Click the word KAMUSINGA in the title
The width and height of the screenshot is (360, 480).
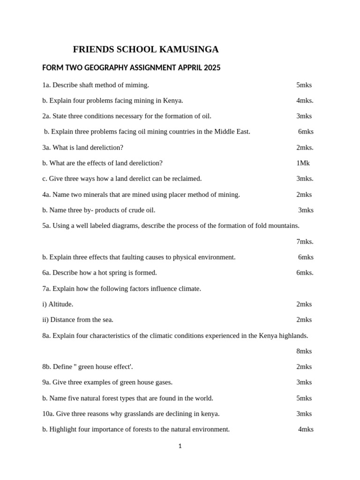click(189, 50)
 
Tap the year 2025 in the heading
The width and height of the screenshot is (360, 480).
click(212, 68)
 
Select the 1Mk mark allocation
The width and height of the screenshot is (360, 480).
click(303, 163)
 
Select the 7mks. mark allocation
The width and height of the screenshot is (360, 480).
click(305, 241)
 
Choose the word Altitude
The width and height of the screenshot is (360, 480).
click(60, 304)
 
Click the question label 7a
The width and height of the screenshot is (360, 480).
click(46, 288)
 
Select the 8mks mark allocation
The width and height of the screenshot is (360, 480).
click(304, 351)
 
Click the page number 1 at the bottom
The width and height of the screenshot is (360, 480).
click(180, 446)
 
